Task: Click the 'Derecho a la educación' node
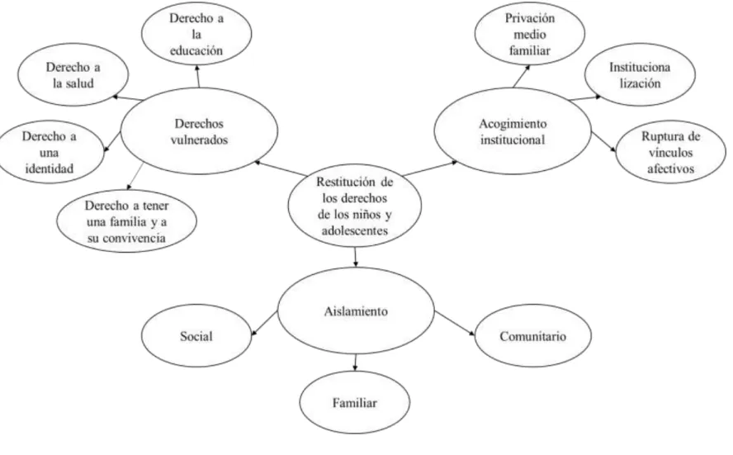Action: [x=196, y=34]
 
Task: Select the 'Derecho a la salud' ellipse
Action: [x=73, y=75]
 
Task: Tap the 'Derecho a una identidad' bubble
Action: [x=50, y=152]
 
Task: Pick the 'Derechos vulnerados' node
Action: [x=199, y=131]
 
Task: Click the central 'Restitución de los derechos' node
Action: [x=354, y=206]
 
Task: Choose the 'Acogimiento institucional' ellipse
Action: [x=513, y=131]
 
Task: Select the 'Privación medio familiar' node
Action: [x=530, y=34]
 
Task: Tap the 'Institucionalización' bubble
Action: [x=640, y=75]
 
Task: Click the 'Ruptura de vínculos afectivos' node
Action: [x=671, y=152]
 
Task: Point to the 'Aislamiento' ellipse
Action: [x=356, y=311]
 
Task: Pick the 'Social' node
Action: [x=196, y=336]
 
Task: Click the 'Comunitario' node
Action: [x=533, y=336]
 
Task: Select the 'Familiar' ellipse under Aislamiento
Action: [x=355, y=403]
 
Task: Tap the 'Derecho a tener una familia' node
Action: [x=126, y=221]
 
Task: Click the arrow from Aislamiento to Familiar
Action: [x=355, y=363]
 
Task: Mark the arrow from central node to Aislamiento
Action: [x=355, y=257]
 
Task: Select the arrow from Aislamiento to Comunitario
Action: [x=455, y=324]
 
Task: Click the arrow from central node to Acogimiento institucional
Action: [x=430, y=168]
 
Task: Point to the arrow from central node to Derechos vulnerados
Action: [x=280, y=168]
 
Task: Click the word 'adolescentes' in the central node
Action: [x=355, y=230]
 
